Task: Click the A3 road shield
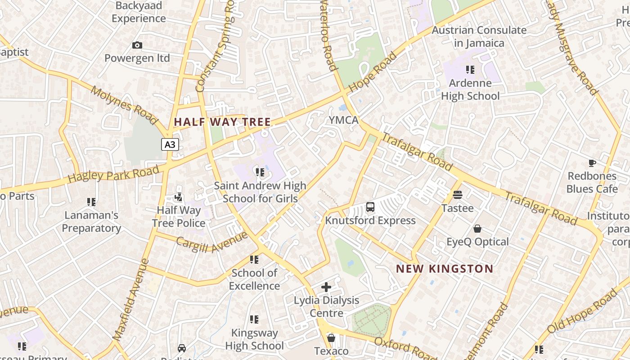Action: pos(170,144)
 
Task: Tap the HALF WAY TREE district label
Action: pos(222,122)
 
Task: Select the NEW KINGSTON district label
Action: pos(445,269)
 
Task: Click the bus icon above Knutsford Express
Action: pos(370,207)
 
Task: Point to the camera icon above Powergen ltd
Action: pos(137,45)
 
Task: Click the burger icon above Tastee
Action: pos(458,195)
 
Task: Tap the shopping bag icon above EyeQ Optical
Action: pos(477,229)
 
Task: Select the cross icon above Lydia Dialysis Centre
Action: pos(326,287)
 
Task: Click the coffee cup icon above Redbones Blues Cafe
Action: pos(592,163)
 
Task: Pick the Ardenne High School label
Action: pos(470,90)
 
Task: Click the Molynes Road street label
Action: pos(124,105)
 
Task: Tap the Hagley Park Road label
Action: pos(113,174)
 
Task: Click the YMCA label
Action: pos(343,120)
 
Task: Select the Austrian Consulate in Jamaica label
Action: pos(479,36)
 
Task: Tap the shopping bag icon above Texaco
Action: pos(331,337)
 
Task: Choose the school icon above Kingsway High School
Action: pos(254,319)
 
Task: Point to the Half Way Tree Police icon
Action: pos(179,197)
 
